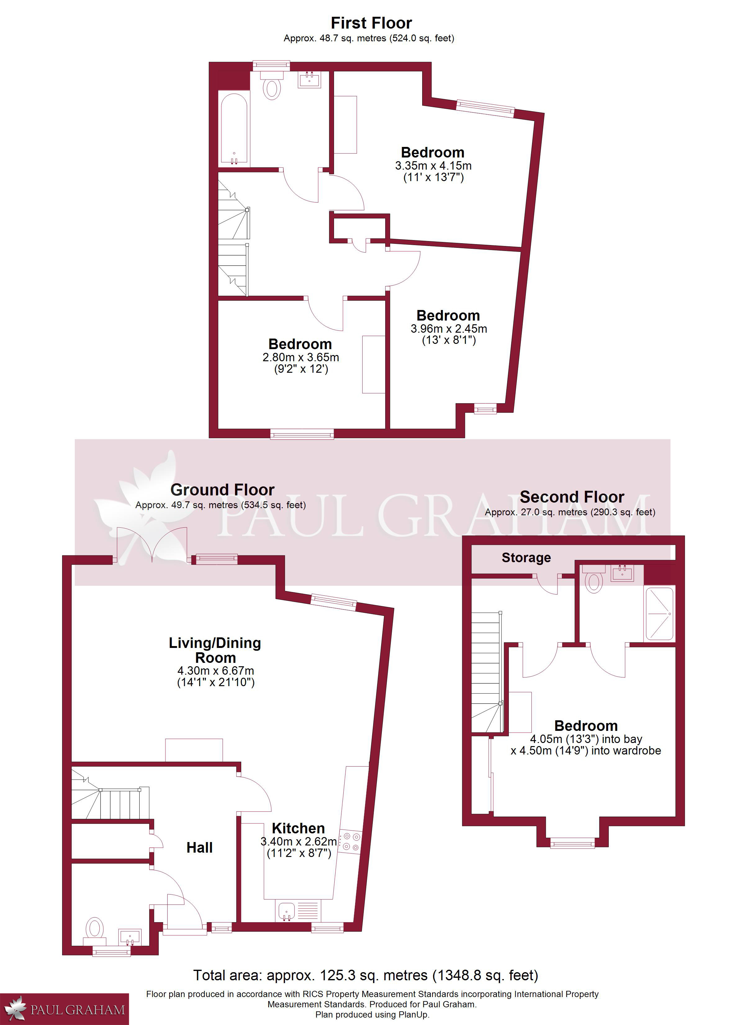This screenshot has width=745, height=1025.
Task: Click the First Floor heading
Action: pos(371,23)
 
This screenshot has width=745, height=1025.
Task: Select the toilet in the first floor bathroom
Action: pos(272,84)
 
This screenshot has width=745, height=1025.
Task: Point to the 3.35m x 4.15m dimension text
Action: pos(433,166)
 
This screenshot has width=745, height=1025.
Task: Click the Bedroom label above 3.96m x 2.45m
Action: pos(448,316)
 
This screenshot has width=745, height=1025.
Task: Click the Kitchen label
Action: pos(298,828)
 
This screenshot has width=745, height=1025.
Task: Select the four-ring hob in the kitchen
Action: pos(350,842)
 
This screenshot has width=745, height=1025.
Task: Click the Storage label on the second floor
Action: pos(526,558)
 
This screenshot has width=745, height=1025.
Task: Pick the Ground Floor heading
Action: pos(222,490)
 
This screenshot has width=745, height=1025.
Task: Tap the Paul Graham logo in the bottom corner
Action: pos(64,1009)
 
